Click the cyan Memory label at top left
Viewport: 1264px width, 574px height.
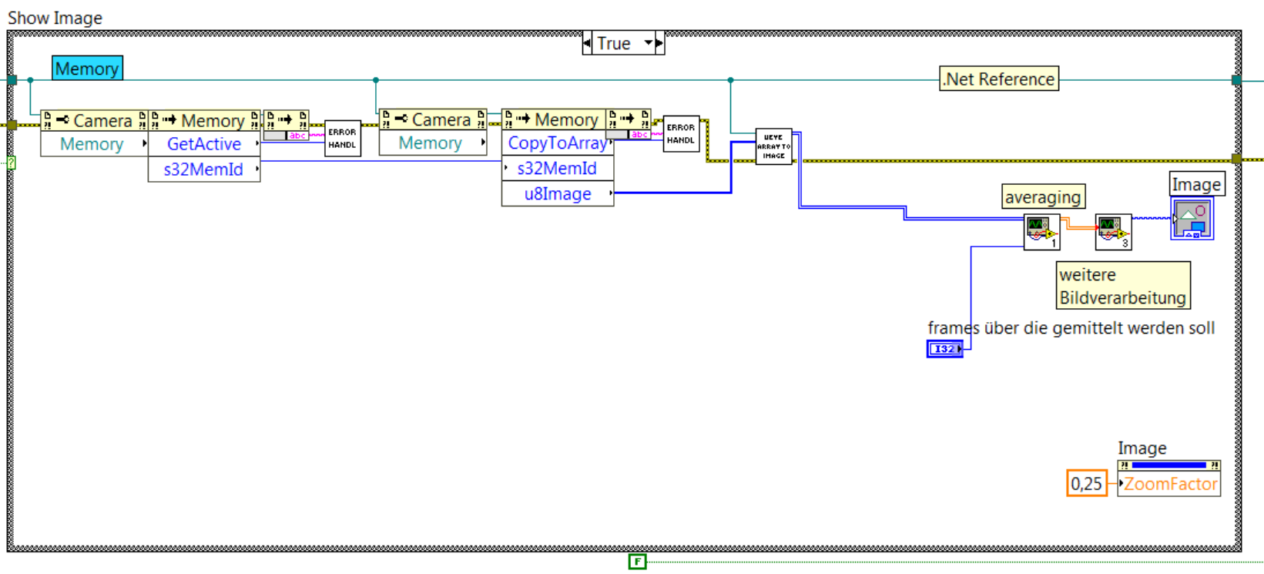pos(87,69)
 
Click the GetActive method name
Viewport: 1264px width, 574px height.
pos(204,144)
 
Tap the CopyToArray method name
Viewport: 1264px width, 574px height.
pos(557,143)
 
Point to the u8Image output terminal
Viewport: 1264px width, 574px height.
pos(558,194)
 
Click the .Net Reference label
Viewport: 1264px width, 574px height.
pos(998,79)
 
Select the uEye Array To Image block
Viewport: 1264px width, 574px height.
pos(773,146)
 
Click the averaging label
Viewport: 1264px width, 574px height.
pos(1043,197)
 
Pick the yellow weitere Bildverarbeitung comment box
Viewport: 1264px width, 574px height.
pos(1122,286)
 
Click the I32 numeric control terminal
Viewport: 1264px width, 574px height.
pos(944,349)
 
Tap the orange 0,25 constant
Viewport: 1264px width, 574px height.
pos(1086,484)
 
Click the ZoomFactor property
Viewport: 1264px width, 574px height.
pos(1170,484)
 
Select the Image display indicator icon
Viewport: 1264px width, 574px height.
pos(1192,218)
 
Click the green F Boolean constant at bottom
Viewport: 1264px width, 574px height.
pos(637,562)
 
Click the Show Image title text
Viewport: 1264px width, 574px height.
pos(55,18)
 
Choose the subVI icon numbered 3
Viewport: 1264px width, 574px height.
pos(1113,232)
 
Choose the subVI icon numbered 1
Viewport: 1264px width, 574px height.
pos(1041,232)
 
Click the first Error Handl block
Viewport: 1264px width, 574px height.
pos(343,139)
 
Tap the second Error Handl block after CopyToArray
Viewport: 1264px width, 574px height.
pos(681,134)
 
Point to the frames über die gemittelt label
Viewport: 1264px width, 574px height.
pos(1071,328)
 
